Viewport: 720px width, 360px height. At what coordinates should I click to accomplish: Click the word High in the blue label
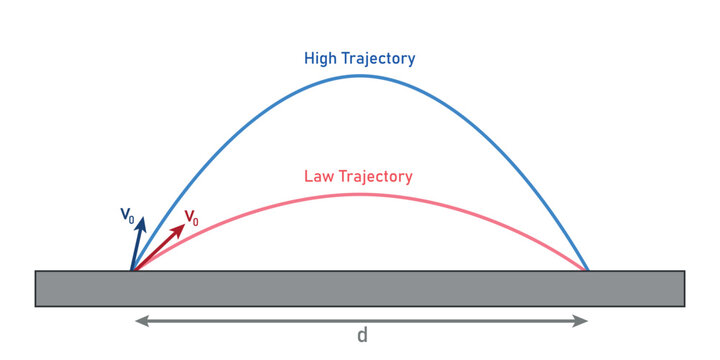(x=320, y=59)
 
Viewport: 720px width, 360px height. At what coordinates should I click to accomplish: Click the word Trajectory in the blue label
(x=377, y=59)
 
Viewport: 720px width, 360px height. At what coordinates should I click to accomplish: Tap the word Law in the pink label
(x=318, y=177)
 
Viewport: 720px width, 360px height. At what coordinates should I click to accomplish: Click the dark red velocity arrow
(x=159, y=247)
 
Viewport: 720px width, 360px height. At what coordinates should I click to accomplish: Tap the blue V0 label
(x=127, y=214)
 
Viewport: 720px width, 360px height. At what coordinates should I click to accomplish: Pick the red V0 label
(x=191, y=217)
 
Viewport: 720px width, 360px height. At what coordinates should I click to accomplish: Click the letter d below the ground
(x=362, y=336)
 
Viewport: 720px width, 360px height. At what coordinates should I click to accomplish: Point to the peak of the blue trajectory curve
(x=360, y=75)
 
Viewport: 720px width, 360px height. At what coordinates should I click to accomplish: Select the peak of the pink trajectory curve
(x=360, y=193)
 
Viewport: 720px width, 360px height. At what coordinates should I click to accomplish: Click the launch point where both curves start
(x=132, y=270)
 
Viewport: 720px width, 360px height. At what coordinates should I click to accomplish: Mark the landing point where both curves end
(x=588, y=270)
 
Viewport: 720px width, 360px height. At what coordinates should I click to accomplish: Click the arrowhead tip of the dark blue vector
(x=143, y=217)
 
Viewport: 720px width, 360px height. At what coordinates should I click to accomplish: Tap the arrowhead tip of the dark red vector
(x=184, y=225)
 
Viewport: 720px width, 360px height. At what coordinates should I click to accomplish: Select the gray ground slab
(x=360, y=288)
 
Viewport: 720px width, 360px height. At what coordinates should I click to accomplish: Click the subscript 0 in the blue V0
(x=132, y=217)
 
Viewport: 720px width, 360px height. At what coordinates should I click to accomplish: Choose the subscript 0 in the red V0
(x=196, y=220)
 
